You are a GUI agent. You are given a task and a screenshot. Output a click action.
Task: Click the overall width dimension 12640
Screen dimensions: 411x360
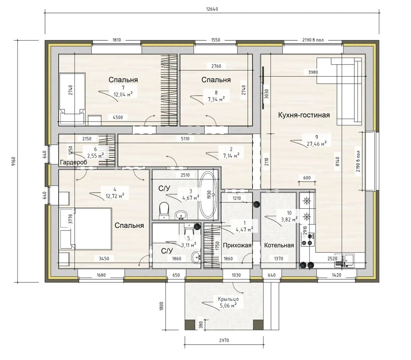(x=212, y=9)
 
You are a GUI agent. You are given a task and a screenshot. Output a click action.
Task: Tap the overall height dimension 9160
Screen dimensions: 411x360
(x=14, y=162)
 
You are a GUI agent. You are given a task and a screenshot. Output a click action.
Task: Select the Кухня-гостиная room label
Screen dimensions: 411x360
(x=304, y=115)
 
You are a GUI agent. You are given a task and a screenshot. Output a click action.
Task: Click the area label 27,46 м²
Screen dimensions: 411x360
(x=317, y=144)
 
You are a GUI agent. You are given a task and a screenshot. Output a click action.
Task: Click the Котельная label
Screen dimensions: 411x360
(x=279, y=245)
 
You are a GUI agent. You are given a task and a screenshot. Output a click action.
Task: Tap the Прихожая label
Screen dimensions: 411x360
(x=237, y=245)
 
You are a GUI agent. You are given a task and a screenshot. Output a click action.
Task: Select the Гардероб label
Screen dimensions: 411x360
(x=74, y=162)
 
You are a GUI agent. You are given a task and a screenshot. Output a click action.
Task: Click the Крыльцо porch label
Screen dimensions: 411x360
(x=228, y=299)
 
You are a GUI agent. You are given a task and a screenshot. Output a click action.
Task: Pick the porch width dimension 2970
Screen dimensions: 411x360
(x=224, y=340)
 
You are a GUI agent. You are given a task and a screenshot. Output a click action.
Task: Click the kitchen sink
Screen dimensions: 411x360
(x=344, y=260)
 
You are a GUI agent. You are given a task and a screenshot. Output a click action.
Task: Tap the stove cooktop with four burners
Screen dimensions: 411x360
(x=308, y=239)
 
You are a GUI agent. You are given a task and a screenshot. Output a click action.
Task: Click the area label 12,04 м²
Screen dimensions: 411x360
(x=123, y=94)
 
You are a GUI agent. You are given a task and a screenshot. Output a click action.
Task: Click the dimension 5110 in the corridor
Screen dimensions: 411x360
(x=185, y=139)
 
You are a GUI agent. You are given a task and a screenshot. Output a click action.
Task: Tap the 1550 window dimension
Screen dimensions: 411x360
(x=216, y=40)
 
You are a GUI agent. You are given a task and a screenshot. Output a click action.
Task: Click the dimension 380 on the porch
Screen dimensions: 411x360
(x=201, y=325)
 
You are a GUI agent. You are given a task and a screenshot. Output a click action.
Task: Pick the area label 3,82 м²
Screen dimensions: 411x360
(x=289, y=220)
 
